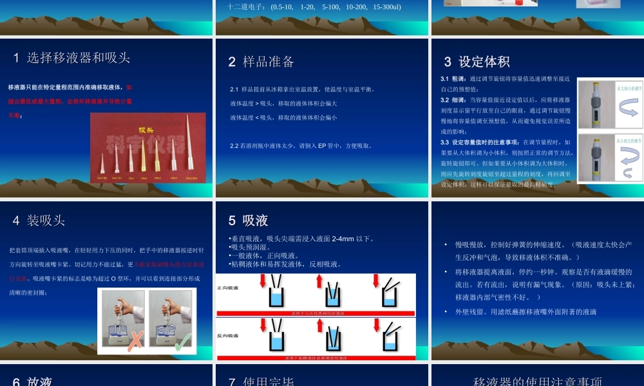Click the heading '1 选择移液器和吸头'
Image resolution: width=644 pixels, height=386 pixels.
coord(72,57)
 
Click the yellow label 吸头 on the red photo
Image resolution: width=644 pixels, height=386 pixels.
coord(149,129)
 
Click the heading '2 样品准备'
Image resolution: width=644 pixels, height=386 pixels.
coord(261,62)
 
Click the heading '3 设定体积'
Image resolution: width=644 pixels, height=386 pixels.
coord(477,62)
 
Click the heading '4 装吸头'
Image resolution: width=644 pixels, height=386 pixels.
coord(39,220)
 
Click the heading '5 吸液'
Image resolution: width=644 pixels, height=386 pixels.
coord(248,220)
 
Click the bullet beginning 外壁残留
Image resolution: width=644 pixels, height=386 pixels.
coord(526,311)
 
